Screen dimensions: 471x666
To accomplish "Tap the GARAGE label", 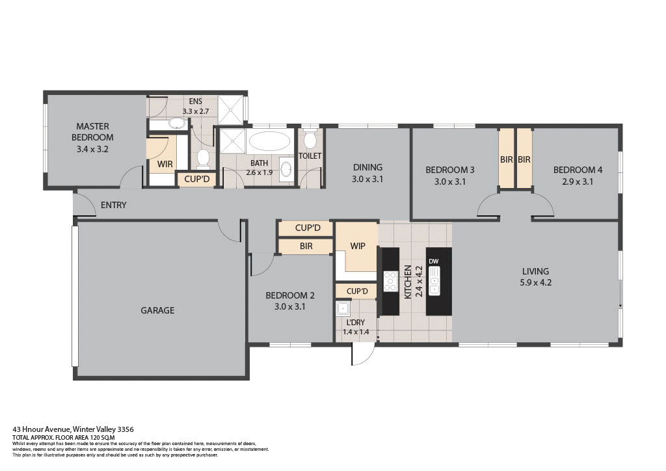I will point(157,310).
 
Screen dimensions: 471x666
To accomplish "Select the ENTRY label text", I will point(113,206).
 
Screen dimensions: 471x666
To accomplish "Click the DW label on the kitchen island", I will point(434,262).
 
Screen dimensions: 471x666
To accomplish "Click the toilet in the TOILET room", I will point(310,140).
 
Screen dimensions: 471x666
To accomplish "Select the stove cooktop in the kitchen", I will point(391,281).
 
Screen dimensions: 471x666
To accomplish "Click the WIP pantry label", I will point(358,247).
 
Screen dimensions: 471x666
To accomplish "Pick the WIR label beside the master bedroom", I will point(165,164).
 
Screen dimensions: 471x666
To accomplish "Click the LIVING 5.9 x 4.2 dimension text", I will point(536,282).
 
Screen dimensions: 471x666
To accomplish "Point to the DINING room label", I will point(367,167).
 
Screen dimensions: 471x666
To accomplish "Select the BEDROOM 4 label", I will point(578,170).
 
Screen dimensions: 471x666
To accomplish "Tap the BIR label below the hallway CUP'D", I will point(306,247).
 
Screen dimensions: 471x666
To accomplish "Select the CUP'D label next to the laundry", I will point(357,291).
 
